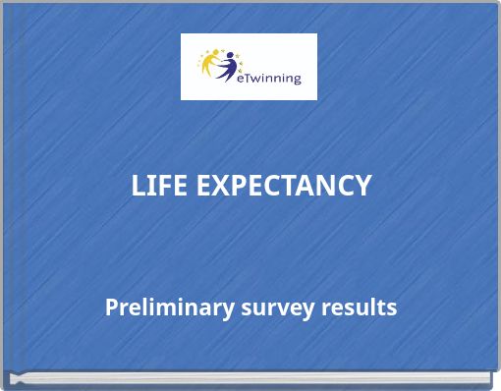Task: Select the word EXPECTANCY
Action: coord(284,185)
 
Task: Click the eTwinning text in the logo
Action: coord(270,77)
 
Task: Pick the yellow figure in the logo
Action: coord(213,66)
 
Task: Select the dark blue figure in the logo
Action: coord(230,67)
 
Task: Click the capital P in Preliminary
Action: coord(112,307)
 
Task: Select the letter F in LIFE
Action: coord(164,185)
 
